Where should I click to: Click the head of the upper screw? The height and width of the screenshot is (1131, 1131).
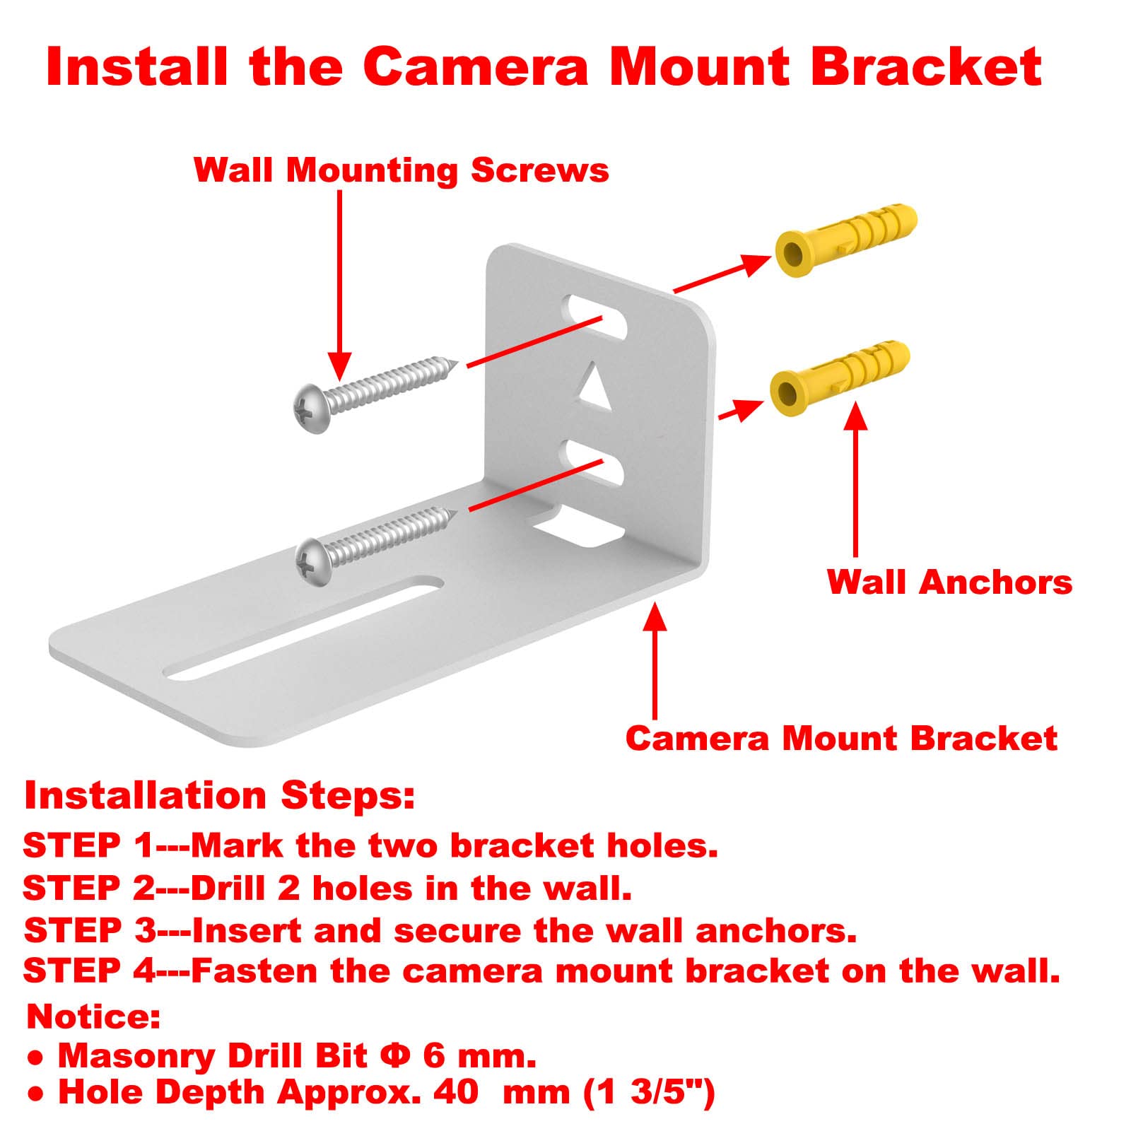(312, 408)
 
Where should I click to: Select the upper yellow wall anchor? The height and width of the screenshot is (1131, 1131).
(845, 240)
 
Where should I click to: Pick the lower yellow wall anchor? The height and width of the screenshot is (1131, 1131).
(838, 378)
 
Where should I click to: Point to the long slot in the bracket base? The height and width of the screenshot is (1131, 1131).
(304, 629)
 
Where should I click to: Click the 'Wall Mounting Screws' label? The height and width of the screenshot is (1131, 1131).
(401, 170)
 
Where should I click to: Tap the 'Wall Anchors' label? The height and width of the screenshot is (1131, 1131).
(949, 582)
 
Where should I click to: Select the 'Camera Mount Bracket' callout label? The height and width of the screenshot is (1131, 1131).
(840, 738)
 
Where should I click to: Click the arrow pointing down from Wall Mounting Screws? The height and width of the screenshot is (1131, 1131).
(340, 283)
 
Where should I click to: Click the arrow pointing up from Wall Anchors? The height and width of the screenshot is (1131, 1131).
(856, 481)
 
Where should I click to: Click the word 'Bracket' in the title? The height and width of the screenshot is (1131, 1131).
(926, 66)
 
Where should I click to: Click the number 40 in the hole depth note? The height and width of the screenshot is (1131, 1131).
(455, 1091)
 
